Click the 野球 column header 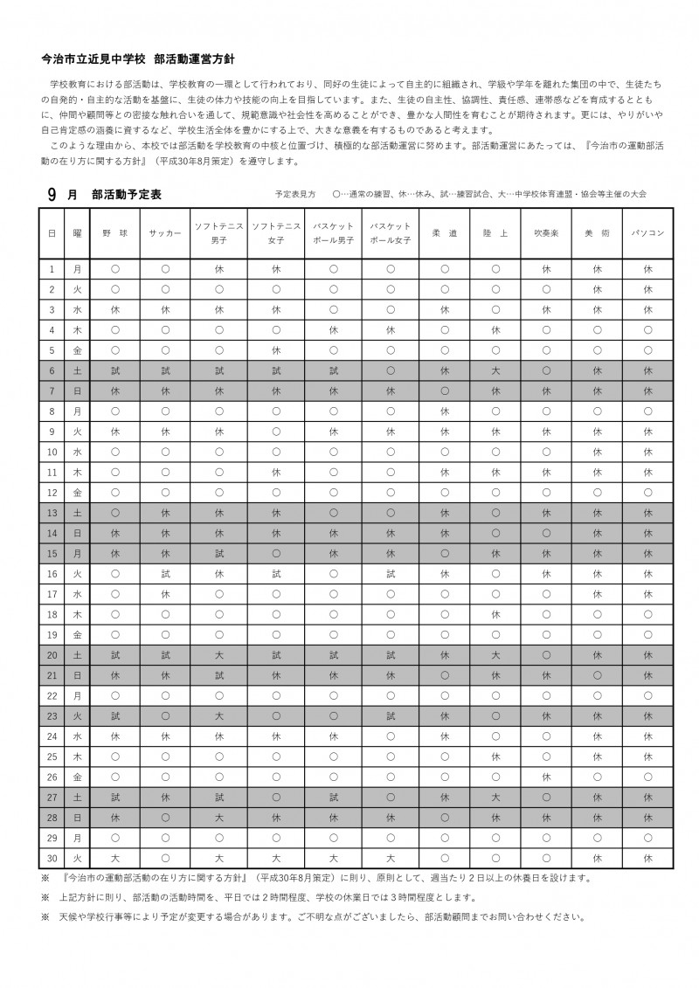tap(115, 233)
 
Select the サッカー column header tap(165, 233)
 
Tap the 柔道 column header tap(445, 233)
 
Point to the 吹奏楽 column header tap(547, 233)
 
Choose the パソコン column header tap(648, 233)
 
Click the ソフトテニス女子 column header tap(276, 233)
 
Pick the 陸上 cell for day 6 tap(495, 370)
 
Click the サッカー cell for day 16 tap(165, 573)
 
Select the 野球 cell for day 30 tap(115, 857)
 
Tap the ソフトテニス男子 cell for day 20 tap(219, 654)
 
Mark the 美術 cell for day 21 tap(598, 674)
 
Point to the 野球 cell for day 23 tap(115, 715)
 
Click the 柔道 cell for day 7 tap(445, 390)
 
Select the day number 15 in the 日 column tap(52, 553)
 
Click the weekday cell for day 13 tap(77, 513)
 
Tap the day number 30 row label tap(52, 857)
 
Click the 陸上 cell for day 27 tap(495, 797)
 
